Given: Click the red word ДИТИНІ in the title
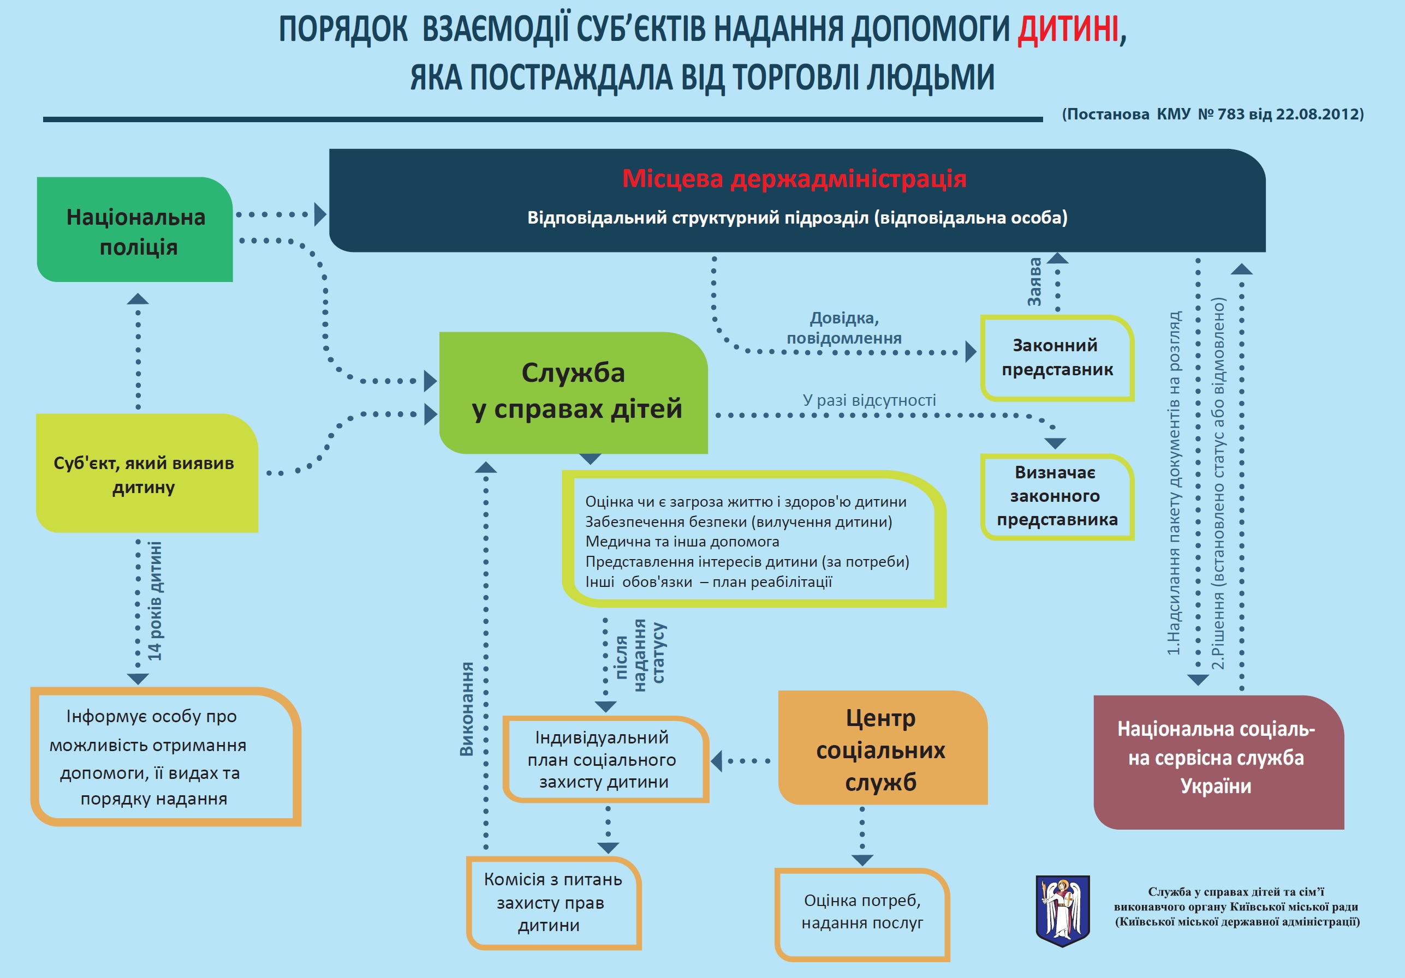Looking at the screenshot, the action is tap(1068, 29).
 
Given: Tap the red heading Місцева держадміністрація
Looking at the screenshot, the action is tap(794, 178).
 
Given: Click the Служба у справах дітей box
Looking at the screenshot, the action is tap(573, 393).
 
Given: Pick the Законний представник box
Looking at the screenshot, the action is tap(1057, 358).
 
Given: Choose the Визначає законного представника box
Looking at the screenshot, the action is tap(1057, 497).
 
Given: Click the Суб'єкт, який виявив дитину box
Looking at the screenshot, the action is tap(147, 473).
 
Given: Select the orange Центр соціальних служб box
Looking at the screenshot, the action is tap(883, 747).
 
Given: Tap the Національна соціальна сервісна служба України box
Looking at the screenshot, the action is tap(1218, 762).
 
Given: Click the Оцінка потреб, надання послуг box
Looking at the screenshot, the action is tap(862, 914).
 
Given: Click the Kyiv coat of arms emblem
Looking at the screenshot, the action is tap(1063, 911).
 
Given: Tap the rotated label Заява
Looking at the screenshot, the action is tap(1034, 282).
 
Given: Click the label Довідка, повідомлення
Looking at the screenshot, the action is tap(844, 328).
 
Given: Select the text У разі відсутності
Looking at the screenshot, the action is tap(870, 400).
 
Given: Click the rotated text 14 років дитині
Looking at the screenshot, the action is tap(155, 601).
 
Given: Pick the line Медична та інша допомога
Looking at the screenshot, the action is tap(682, 541).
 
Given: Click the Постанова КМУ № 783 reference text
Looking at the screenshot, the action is tap(1213, 115).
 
